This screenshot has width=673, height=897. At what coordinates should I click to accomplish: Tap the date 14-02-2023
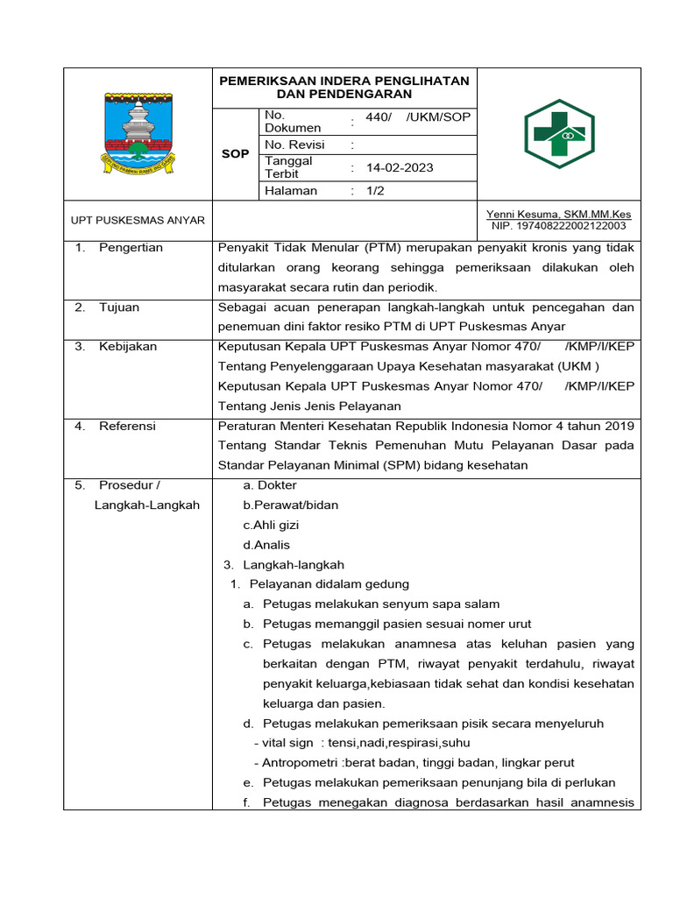400,167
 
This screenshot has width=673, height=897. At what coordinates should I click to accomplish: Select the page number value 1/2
375,190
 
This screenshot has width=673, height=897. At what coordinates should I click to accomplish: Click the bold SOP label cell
235,153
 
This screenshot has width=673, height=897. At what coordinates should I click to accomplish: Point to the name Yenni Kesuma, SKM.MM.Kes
558,215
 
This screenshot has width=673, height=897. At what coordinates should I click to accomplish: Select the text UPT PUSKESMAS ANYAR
138,220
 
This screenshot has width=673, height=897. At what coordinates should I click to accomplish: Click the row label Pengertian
131,248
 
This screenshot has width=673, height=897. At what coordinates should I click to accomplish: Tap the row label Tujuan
119,307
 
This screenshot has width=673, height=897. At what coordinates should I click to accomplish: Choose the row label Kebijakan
128,347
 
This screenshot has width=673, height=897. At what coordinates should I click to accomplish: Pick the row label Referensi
127,426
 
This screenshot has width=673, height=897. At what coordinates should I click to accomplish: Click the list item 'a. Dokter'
270,485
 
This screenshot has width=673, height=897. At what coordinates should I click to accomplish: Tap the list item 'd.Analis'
266,545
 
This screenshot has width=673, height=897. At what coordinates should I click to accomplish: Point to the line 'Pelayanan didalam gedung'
329,584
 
